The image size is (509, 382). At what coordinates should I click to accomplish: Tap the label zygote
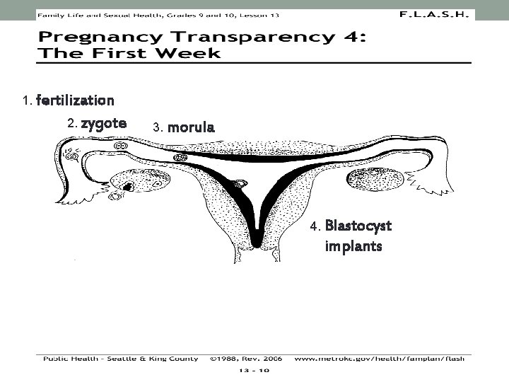coord(103,123)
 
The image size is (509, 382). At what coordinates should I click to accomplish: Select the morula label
coord(190,128)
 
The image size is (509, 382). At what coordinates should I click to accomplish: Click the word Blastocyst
coord(358,226)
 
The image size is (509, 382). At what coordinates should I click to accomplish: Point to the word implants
coord(353,246)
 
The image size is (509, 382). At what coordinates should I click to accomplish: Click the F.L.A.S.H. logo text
coord(433,13)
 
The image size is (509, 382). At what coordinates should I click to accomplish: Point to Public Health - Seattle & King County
coord(121,359)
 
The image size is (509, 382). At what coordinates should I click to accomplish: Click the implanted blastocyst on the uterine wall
coord(240,186)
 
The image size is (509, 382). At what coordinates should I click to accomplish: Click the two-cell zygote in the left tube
coord(122,146)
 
